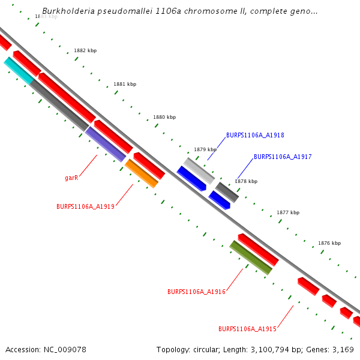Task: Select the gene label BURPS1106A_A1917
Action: pyautogui.click(x=283, y=157)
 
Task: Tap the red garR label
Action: pyautogui.click(x=72, y=178)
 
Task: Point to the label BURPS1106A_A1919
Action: pyautogui.click(x=85, y=206)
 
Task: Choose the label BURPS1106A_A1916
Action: pyautogui.click(x=196, y=292)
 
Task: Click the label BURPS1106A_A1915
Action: pyautogui.click(x=247, y=329)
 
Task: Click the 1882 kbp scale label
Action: pyautogui.click(x=85, y=51)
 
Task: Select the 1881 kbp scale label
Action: pyautogui.click(x=125, y=85)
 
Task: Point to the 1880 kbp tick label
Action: pyautogui.click(x=164, y=118)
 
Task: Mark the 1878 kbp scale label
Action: pyautogui.click(x=246, y=181)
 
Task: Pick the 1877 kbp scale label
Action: pyautogui.click(x=288, y=213)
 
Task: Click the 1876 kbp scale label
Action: pyautogui.click(x=329, y=244)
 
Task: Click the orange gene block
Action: pyautogui.click(x=142, y=173)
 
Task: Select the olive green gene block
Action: pyautogui.click(x=251, y=257)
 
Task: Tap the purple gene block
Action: pyautogui.click(x=106, y=144)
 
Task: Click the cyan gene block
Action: pyautogui.click(x=19, y=70)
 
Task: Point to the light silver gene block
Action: pyautogui.click(x=199, y=170)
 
